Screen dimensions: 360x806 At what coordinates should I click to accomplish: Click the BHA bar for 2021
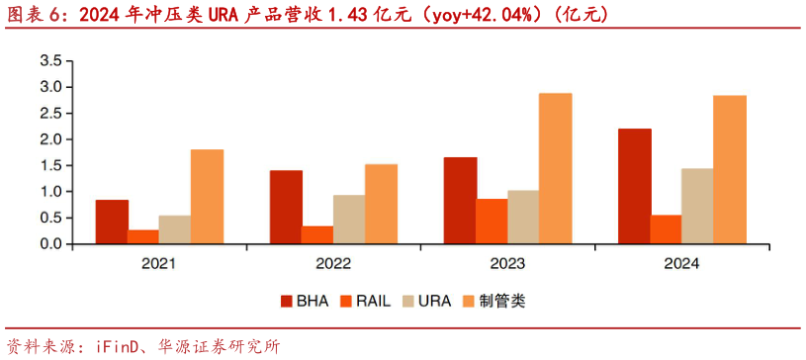112,222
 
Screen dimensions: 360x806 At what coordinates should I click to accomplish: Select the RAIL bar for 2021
143,236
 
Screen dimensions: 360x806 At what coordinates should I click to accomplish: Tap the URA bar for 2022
349,219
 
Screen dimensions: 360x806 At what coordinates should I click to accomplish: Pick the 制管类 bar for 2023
555,168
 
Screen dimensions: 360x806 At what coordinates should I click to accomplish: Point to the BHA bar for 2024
634,186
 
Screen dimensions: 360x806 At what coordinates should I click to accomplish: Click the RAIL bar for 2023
492,221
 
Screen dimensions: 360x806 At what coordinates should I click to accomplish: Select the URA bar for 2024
697,206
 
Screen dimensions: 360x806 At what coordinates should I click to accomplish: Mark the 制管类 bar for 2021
207,196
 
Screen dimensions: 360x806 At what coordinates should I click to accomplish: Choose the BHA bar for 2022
286,207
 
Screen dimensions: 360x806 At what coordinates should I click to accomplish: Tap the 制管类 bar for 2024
729,169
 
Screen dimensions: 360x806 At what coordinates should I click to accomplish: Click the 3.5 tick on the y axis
50,61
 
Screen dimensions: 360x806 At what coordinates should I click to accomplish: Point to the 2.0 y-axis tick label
50,139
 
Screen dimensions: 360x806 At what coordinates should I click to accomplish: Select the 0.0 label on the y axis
50,244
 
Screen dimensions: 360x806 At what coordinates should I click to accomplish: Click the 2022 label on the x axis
333,264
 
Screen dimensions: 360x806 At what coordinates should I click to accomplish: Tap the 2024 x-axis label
681,264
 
